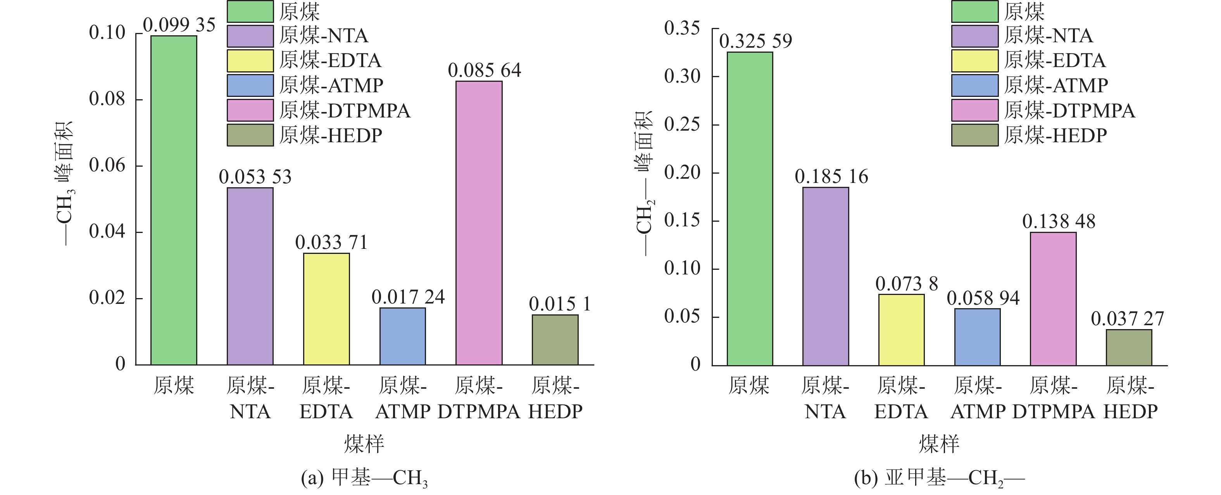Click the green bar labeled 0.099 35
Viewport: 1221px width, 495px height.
(174, 200)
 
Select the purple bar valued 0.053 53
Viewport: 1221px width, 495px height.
(250, 276)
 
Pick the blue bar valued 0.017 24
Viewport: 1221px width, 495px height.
(402, 336)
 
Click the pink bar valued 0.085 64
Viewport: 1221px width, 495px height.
(479, 223)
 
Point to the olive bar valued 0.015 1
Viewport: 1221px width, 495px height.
(555, 340)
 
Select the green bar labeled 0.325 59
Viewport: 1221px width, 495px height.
(749, 209)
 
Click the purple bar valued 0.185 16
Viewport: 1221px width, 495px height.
(826, 276)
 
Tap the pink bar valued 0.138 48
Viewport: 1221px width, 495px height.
(1053, 299)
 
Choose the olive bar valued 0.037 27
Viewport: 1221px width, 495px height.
(1129, 347)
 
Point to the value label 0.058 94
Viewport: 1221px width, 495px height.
(983, 298)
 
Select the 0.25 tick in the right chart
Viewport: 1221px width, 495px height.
(681, 124)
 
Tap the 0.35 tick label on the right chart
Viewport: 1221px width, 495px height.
(681, 28)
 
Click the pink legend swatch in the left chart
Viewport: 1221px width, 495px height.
(250, 110)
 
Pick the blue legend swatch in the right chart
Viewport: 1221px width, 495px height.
(974, 85)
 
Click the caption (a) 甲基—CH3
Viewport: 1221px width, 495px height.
(364, 478)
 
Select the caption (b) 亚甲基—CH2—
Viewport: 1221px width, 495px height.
(939, 478)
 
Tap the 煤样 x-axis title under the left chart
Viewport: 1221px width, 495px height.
(364, 444)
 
